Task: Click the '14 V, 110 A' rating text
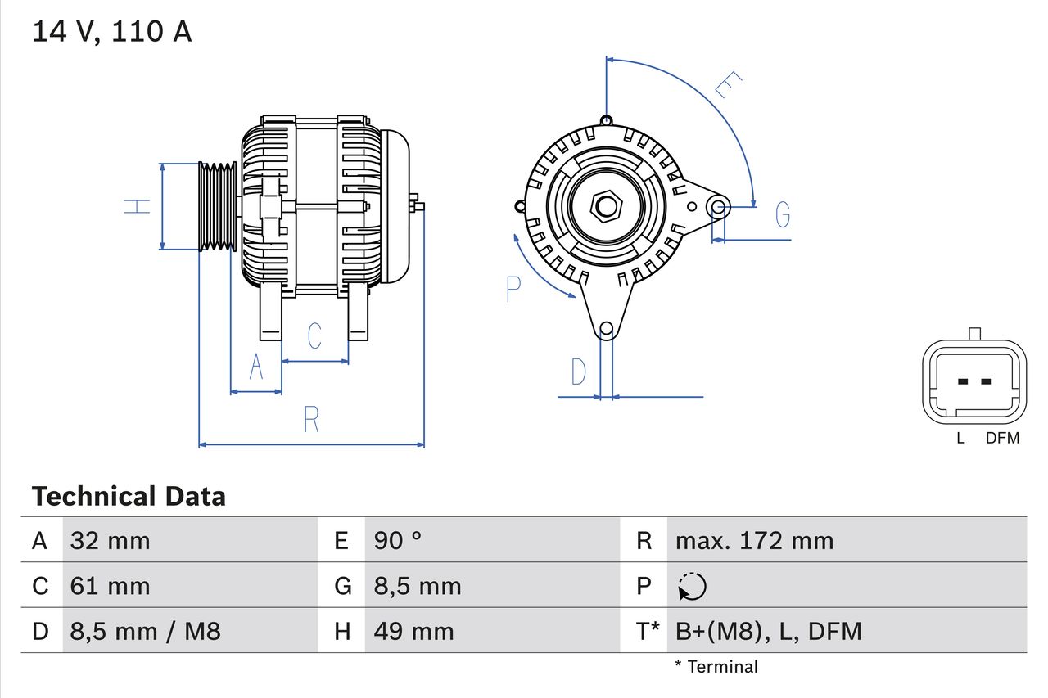click(x=111, y=32)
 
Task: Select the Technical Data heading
click(x=129, y=497)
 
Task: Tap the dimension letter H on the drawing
click(x=138, y=206)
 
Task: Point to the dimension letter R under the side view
click(x=311, y=419)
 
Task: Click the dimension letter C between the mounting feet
click(x=314, y=335)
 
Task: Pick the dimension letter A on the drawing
click(x=256, y=367)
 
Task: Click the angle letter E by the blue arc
click(x=728, y=85)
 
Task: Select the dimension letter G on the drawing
click(x=783, y=214)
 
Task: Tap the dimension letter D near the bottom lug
click(x=579, y=372)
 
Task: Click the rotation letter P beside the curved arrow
click(x=513, y=290)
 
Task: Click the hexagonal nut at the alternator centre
click(x=606, y=205)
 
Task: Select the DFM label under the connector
click(x=1002, y=439)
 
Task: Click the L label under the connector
click(x=960, y=439)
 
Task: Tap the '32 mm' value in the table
click(x=111, y=541)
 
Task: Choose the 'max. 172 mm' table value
click(x=754, y=541)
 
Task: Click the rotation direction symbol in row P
click(x=692, y=586)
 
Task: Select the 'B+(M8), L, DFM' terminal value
click(x=768, y=631)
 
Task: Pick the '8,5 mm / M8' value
click(x=146, y=631)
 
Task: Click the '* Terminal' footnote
click(x=716, y=667)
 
